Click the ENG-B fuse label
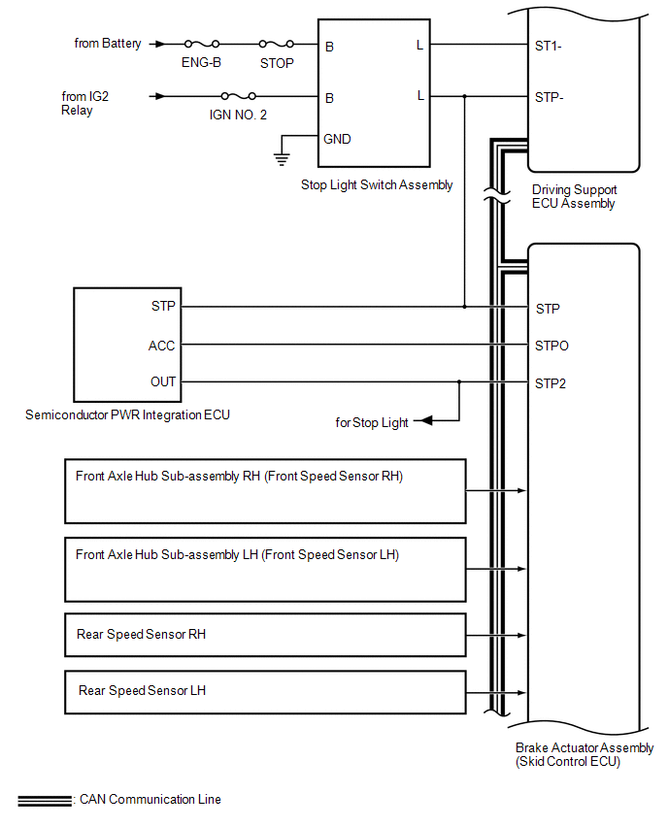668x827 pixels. tap(201, 63)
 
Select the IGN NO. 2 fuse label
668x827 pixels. tap(239, 116)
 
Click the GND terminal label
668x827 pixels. tap(338, 139)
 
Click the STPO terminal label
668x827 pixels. tap(551, 346)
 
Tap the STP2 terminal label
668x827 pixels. tap(551, 382)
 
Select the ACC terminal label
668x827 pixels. tap(162, 346)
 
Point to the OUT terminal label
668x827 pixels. tap(163, 381)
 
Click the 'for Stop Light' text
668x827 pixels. tap(372, 422)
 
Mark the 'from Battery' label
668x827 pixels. tap(108, 44)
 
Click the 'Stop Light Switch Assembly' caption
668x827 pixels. tap(377, 184)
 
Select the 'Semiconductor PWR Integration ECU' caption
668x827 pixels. tap(127, 415)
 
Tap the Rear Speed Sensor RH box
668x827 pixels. tap(265, 635)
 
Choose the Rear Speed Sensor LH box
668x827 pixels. tap(265, 691)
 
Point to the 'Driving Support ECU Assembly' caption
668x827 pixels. tap(574, 196)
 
